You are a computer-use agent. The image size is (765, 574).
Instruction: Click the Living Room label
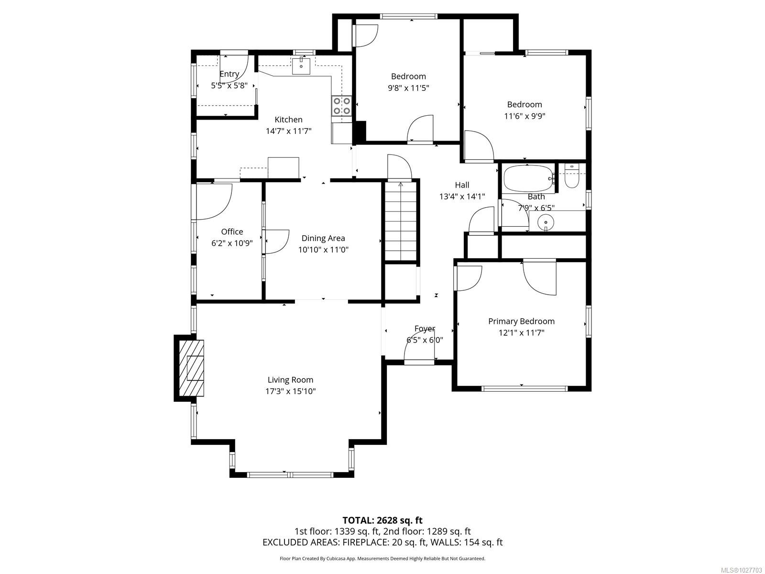point(290,380)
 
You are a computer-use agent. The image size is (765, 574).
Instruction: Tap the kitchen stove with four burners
point(342,106)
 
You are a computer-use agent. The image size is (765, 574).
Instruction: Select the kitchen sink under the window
point(301,66)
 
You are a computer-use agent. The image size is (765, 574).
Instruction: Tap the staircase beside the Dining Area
point(401,222)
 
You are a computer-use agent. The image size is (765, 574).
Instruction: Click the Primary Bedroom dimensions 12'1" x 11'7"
point(521,333)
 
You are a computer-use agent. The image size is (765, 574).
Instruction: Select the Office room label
point(232,232)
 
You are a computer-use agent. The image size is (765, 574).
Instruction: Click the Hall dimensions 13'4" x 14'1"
point(462,196)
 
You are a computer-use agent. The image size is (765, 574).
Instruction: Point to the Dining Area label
point(323,238)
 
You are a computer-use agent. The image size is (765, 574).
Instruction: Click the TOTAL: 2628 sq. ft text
point(382,520)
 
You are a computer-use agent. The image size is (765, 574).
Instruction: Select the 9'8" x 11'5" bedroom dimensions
point(408,88)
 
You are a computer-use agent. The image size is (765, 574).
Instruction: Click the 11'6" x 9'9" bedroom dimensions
point(525,116)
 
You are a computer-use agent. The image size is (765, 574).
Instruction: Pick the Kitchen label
point(288,120)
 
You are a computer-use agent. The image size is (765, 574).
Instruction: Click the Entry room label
point(229,74)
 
